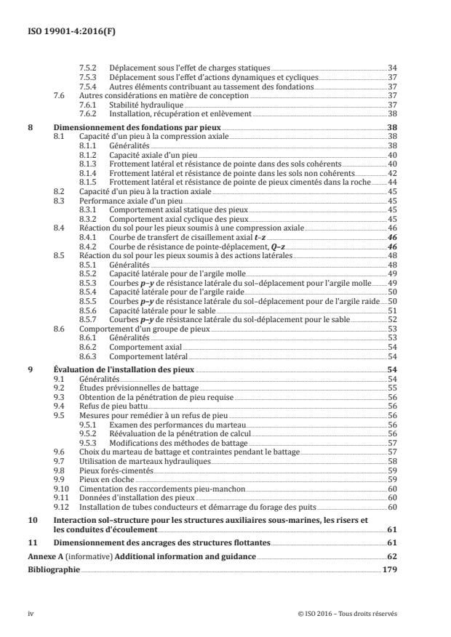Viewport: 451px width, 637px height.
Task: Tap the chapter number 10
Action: coord(31,521)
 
